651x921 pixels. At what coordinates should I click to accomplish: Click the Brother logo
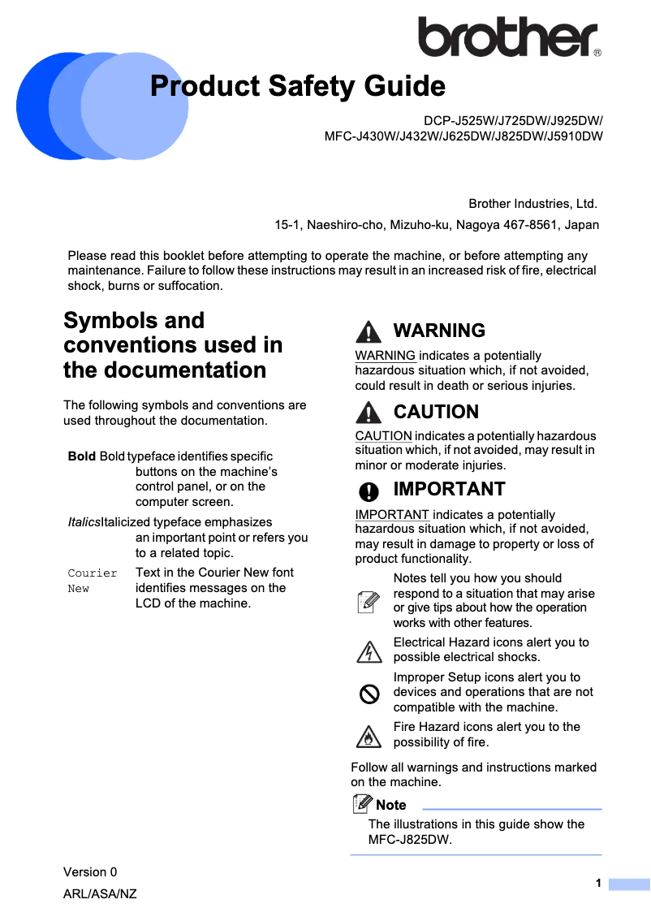click(509, 37)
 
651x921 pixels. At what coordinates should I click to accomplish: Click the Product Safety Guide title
click(298, 85)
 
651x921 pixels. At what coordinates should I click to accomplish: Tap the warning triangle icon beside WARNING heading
click(369, 331)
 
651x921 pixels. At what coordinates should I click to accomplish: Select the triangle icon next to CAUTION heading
click(369, 412)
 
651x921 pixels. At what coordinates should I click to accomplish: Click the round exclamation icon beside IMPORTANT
click(369, 490)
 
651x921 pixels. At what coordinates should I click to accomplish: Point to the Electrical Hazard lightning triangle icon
click(369, 651)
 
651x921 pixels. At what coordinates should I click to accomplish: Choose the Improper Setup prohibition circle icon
click(369, 693)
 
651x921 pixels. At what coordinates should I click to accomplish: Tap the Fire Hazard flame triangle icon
click(369, 736)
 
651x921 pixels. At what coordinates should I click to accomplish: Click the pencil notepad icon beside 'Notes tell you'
click(369, 601)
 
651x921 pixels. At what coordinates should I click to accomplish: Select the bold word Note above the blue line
click(390, 805)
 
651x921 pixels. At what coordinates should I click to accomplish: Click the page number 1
click(598, 883)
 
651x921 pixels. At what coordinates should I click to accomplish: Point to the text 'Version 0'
click(90, 872)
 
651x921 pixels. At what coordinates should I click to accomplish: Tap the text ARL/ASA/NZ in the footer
click(100, 894)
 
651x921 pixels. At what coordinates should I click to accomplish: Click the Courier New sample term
click(92, 580)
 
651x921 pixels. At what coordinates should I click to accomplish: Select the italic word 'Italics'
click(84, 522)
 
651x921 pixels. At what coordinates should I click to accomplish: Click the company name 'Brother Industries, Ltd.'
click(532, 203)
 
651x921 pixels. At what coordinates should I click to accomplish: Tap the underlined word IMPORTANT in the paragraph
click(391, 515)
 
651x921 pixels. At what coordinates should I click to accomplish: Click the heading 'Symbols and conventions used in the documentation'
click(173, 345)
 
